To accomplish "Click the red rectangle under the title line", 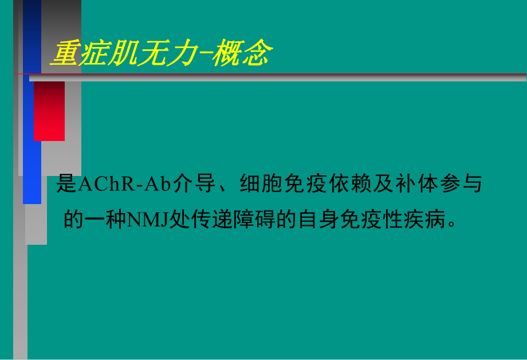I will pyautogui.click(x=49, y=111).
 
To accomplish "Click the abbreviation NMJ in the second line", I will pyautogui.click(x=146, y=220).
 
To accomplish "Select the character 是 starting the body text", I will pyautogui.click(x=66, y=185).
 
